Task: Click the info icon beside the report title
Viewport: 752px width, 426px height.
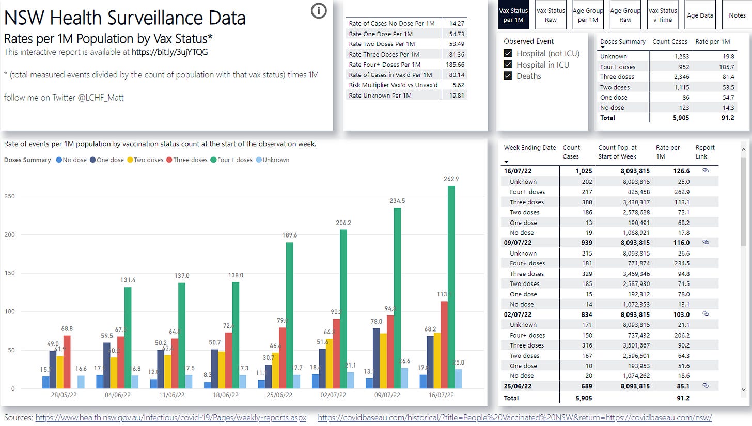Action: click(319, 10)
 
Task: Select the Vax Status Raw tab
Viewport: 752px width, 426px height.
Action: click(551, 15)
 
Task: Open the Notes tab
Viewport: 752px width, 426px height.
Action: click(737, 15)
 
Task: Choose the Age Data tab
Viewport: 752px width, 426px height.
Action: click(699, 15)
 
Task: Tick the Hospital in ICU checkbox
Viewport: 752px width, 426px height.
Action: click(508, 65)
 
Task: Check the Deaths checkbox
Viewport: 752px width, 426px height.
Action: click(508, 76)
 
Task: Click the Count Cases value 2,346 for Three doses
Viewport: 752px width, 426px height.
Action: click(670, 77)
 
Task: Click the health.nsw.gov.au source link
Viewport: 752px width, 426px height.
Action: click(170, 417)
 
